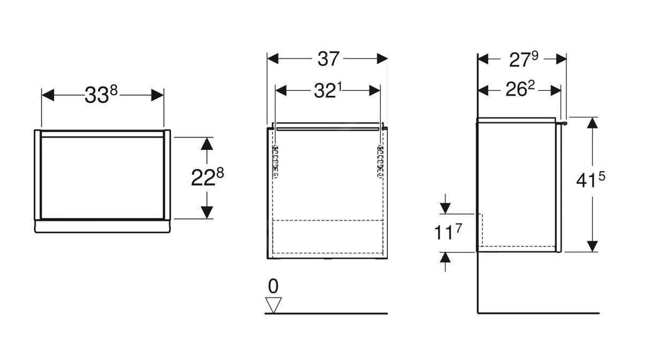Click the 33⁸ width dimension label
[x=101, y=95]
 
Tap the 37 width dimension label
[x=328, y=59]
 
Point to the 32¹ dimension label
[x=327, y=91]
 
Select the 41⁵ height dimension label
[x=591, y=181]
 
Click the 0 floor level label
[x=273, y=287]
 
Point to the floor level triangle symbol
[x=274, y=305]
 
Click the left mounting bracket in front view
[x=276, y=160]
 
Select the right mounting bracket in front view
[x=381, y=160]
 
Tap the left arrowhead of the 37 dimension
[x=273, y=59]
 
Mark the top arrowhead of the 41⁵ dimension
[x=592, y=123]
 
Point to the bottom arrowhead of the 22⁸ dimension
[x=208, y=212]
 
